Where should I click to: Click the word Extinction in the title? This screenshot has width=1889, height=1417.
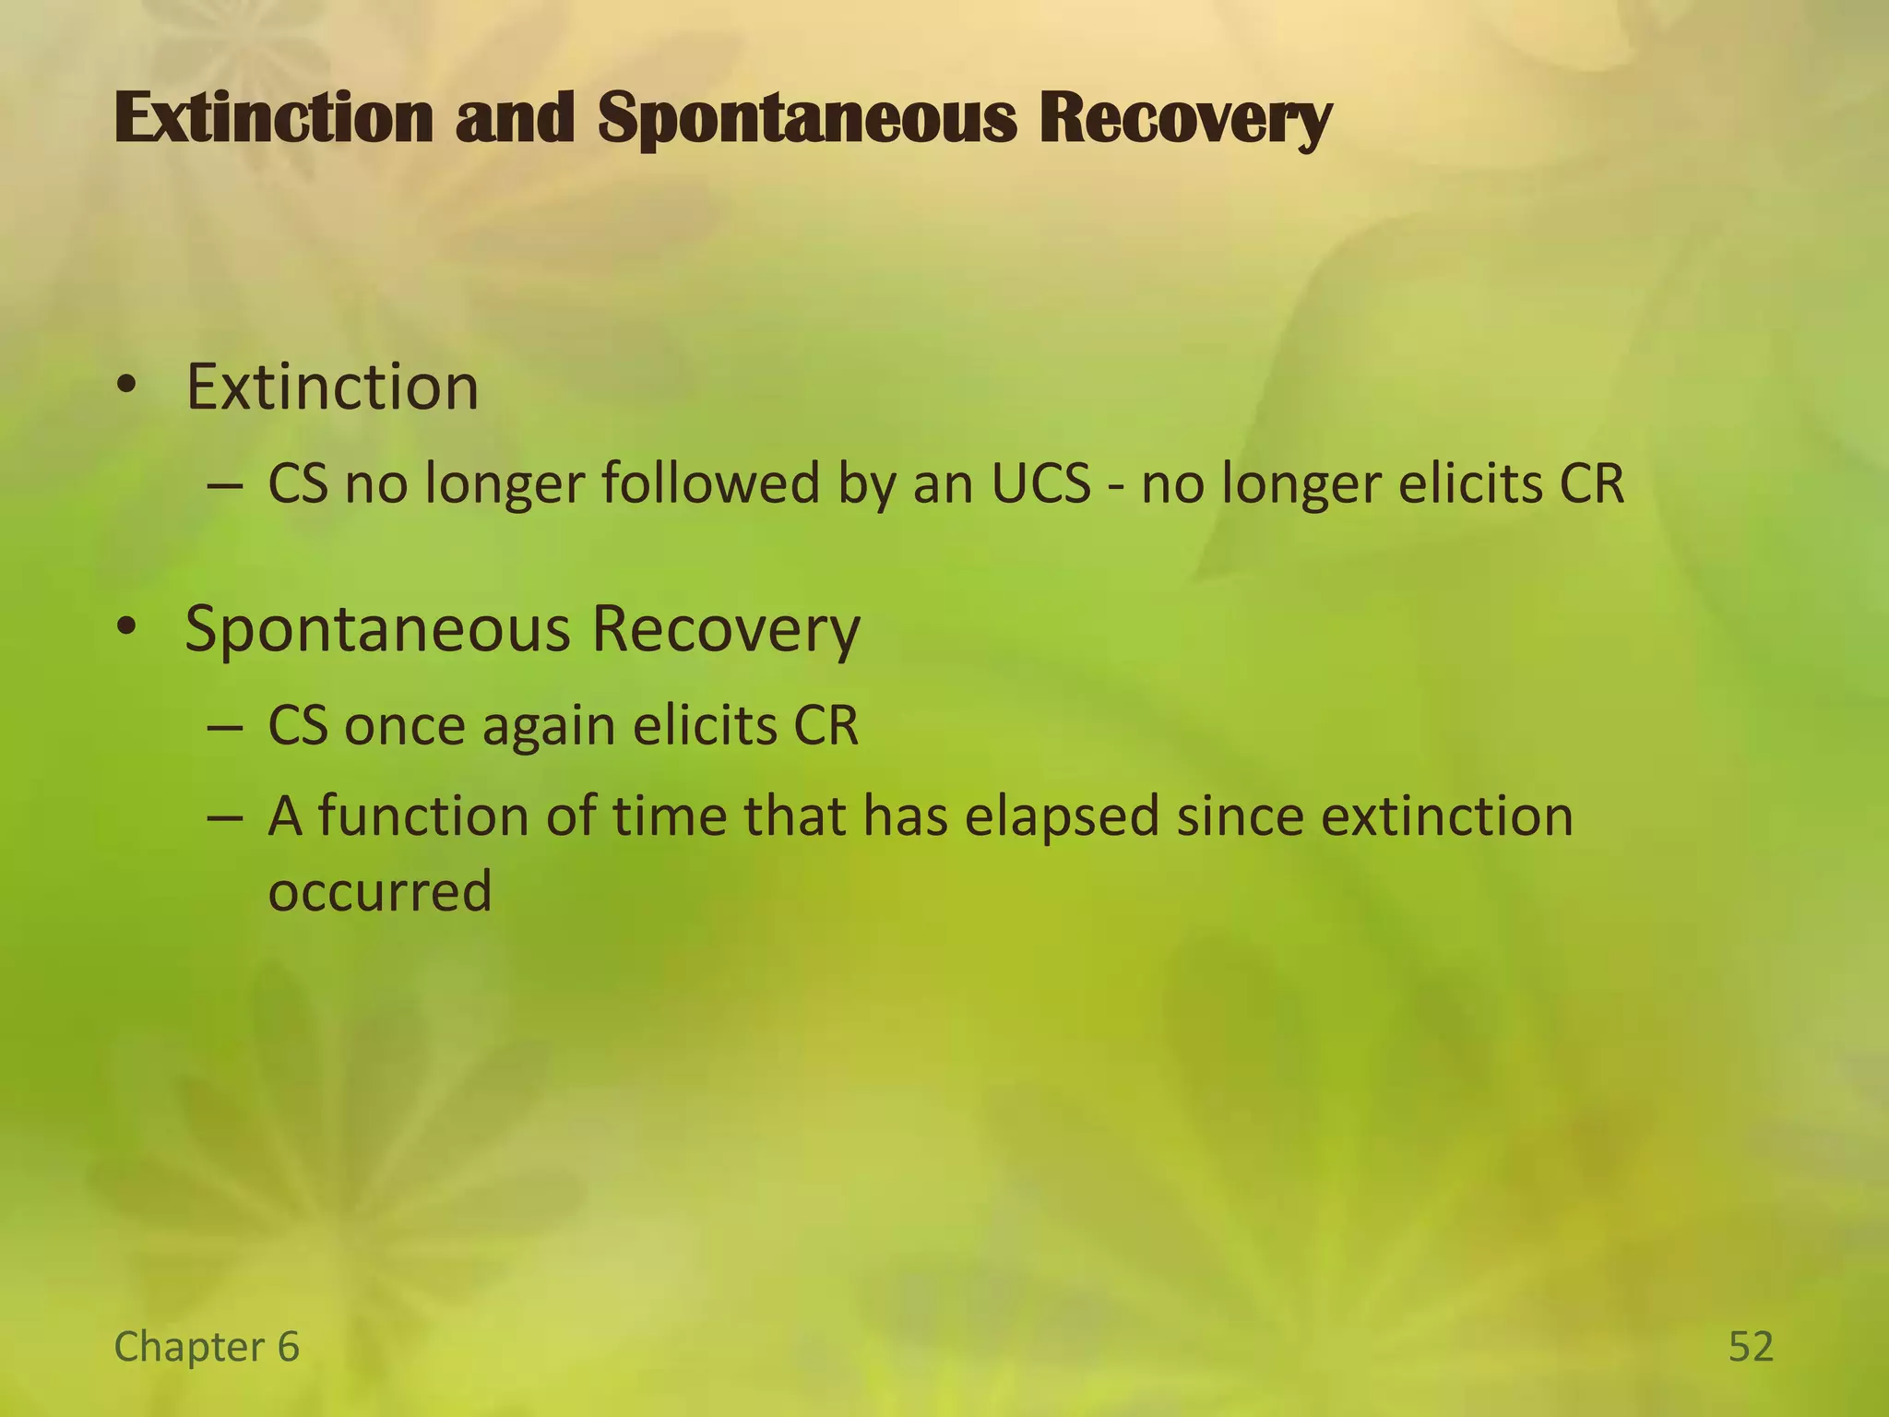tap(273, 118)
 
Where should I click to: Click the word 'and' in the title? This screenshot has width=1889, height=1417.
tap(515, 118)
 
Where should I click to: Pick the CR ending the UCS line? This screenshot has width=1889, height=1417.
tap(1591, 483)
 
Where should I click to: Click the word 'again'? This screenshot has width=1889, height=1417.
tap(549, 727)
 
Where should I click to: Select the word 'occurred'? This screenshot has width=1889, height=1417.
tap(379, 891)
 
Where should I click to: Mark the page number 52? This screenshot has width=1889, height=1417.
tap(1751, 1346)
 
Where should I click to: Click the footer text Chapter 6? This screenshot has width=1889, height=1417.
tap(207, 1346)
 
